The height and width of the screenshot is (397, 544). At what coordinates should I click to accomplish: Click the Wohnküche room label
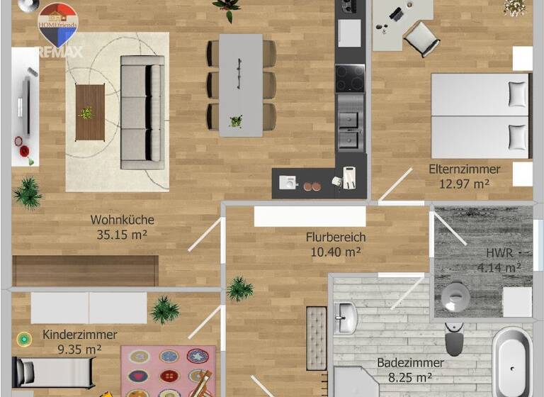pyautogui.click(x=122, y=220)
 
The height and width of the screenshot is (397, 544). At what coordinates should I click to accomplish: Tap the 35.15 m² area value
pyautogui.click(x=122, y=235)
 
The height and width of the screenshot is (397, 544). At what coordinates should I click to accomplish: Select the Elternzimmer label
pyautogui.click(x=464, y=169)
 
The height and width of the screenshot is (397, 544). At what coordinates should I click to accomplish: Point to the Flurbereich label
pyautogui.click(x=336, y=237)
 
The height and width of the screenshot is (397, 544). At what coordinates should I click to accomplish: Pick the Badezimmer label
pyautogui.click(x=410, y=362)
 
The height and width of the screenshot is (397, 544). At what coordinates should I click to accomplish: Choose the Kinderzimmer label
pyautogui.click(x=80, y=335)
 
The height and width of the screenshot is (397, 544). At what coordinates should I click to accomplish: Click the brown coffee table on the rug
pyautogui.click(x=89, y=112)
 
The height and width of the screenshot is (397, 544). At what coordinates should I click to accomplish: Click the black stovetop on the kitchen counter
pyautogui.click(x=349, y=79)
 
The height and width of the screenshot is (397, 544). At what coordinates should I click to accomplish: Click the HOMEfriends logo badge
pyautogui.click(x=57, y=21)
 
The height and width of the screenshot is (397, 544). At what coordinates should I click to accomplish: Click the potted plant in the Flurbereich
pyautogui.click(x=240, y=289)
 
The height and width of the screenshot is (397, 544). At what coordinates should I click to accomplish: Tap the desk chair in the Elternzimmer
pyautogui.click(x=421, y=37)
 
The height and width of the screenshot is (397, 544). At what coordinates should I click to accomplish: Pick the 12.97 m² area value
pyautogui.click(x=464, y=184)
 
